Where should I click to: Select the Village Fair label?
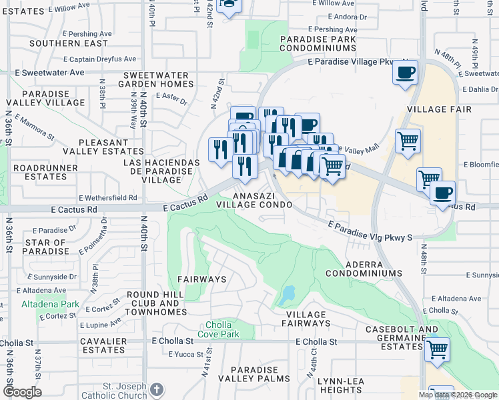(x=439, y=109)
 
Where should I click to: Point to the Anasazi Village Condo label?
(x=254, y=200)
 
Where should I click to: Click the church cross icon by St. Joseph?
(x=156, y=389)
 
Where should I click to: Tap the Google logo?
(x=22, y=392)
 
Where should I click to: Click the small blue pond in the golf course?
(x=288, y=294)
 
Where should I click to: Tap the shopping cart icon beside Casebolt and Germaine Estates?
(x=437, y=349)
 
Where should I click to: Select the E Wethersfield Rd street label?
(x=107, y=198)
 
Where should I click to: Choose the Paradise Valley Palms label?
(x=254, y=375)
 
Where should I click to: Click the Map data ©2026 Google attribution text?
(x=457, y=395)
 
